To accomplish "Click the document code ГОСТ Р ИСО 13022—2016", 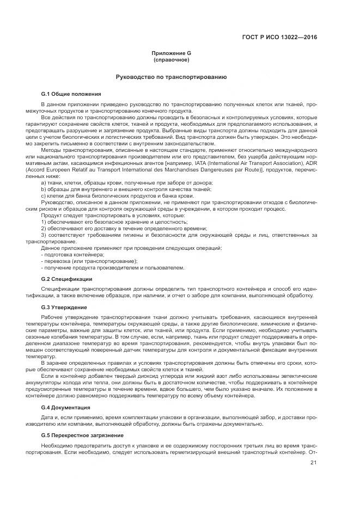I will (279, 38).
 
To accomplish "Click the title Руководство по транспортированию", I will (171, 77).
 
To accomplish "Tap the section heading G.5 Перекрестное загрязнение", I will (82, 436).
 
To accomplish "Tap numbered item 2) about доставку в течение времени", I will (123, 229).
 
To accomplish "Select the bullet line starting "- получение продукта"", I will (113, 268).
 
